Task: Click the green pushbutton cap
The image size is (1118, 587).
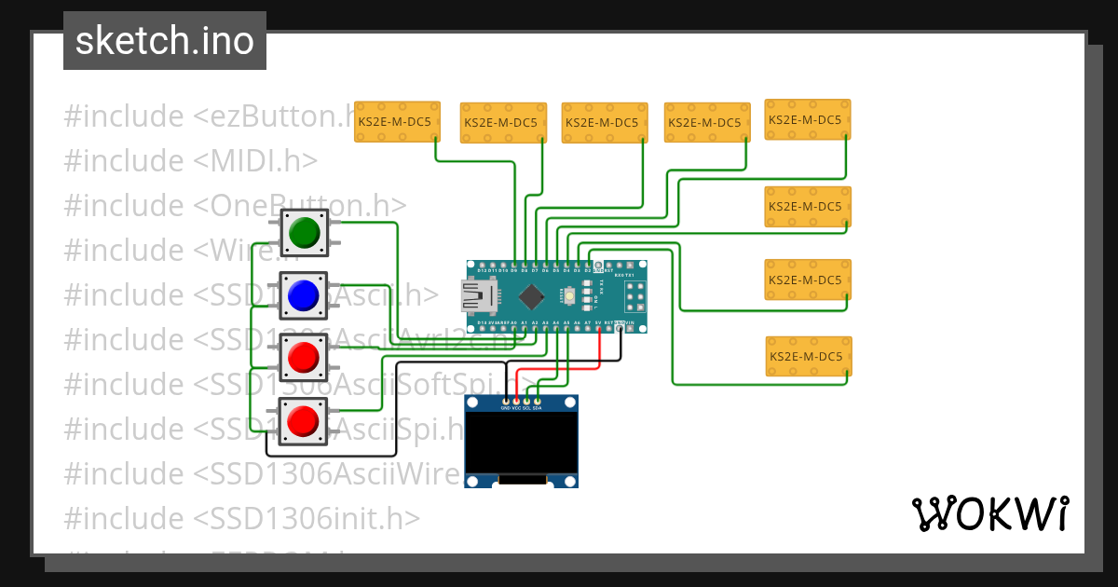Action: click(x=304, y=232)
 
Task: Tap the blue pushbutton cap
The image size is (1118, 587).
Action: click(x=304, y=295)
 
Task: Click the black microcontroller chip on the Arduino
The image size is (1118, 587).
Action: click(x=531, y=296)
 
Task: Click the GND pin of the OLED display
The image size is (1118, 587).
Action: click(x=505, y=402)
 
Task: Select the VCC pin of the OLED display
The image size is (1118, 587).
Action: click(x=516, y=402)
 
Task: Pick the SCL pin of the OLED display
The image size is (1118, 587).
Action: click(x=526, y=402)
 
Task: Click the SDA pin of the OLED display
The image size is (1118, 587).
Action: click(x=538, y=402)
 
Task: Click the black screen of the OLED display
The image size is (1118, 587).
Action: click(x=521, y=442)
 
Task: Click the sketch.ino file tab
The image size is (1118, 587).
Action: click(x=165, y=41)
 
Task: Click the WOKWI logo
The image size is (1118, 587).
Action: click(x=989, y=513)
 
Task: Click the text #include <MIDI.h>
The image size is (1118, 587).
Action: click(x=191, y=161)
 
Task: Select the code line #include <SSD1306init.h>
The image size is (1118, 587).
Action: click(x=242, y=517)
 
